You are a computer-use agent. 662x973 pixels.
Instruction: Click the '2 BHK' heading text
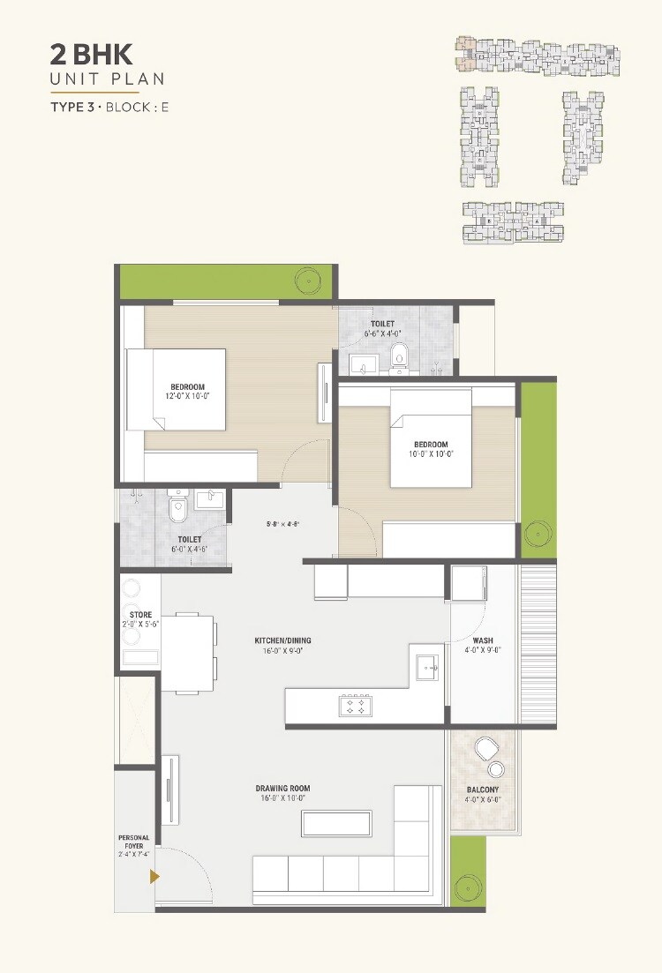[92, 54]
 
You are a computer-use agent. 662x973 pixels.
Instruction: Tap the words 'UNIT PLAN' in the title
[107, 79]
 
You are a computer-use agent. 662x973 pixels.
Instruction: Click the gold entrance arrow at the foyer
[154, 876]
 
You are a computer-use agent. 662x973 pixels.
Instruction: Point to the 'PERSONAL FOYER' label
[134, 842]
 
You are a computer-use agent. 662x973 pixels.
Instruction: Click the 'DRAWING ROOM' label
[282, 789]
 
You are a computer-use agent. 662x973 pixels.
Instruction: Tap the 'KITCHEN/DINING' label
[282, 640]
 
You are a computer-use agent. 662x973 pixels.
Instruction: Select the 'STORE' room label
[140, 615]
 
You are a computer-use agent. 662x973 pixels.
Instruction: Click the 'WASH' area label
[483, 641]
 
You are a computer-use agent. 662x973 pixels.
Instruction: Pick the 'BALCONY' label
[483, 790]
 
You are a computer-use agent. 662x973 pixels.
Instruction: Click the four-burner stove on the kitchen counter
[355, 704]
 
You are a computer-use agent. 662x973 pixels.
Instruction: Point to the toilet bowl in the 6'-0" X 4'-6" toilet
[177, 505]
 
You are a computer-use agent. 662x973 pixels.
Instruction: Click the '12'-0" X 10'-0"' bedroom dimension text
[187, 396]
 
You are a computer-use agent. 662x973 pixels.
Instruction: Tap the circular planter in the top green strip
[308, 281]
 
